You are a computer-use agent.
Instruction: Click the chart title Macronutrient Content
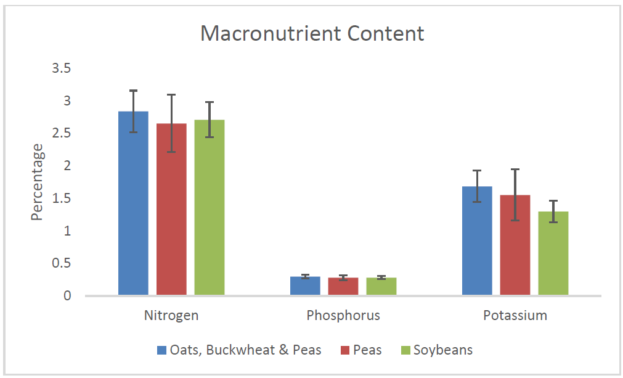click(x=312, y=33)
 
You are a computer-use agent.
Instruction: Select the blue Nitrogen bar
click(x=134, y=203)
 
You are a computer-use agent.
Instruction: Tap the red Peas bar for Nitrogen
click(x=171, y=210)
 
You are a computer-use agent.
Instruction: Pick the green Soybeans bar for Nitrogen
click(x=210, y=208)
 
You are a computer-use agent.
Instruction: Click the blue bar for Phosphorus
click(x=306, y=286)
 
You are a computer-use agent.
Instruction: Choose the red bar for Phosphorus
click(x=343, y=287)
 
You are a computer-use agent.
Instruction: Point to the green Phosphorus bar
click(x=381, y=287)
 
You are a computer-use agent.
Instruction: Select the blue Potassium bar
click(x=478, y=240)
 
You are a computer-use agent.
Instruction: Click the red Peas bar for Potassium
click(x=515, y=245)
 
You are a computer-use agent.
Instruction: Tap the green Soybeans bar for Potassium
click(x=553, y=253)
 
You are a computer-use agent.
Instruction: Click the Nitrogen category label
click(x=171, y=316)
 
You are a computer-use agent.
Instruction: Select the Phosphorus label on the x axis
click(x=343, y=316)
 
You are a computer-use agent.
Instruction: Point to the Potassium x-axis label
click(x=515, y=316)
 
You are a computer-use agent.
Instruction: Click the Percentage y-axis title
click(x=38, y=182)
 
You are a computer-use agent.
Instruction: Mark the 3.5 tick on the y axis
click(x=62, y=68)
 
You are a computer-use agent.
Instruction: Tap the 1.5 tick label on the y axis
click(x=62, y=199)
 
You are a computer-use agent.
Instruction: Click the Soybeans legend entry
click(x=442, y=350)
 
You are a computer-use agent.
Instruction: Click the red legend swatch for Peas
click(x=345, y=350)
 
